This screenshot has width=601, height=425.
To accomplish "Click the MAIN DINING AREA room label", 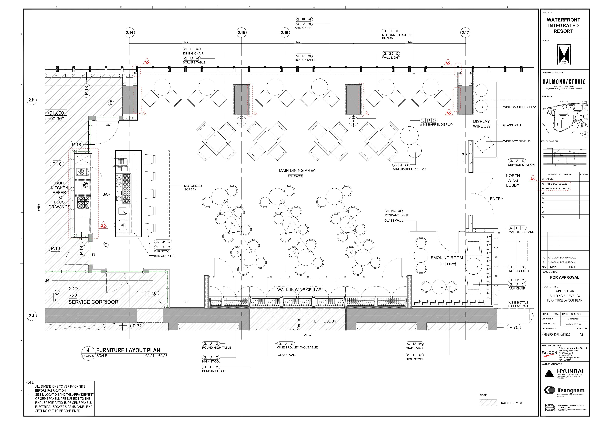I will click(297, 171).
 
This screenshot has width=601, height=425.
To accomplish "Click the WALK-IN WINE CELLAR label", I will click(299, 290).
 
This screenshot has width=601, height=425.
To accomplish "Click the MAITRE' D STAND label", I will click(521, 232).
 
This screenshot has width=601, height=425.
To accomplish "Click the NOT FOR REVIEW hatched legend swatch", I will click(488, 403).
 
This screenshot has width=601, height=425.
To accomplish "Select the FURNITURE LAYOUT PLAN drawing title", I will click(128, 350).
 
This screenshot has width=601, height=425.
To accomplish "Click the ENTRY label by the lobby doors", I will click(497, 199).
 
